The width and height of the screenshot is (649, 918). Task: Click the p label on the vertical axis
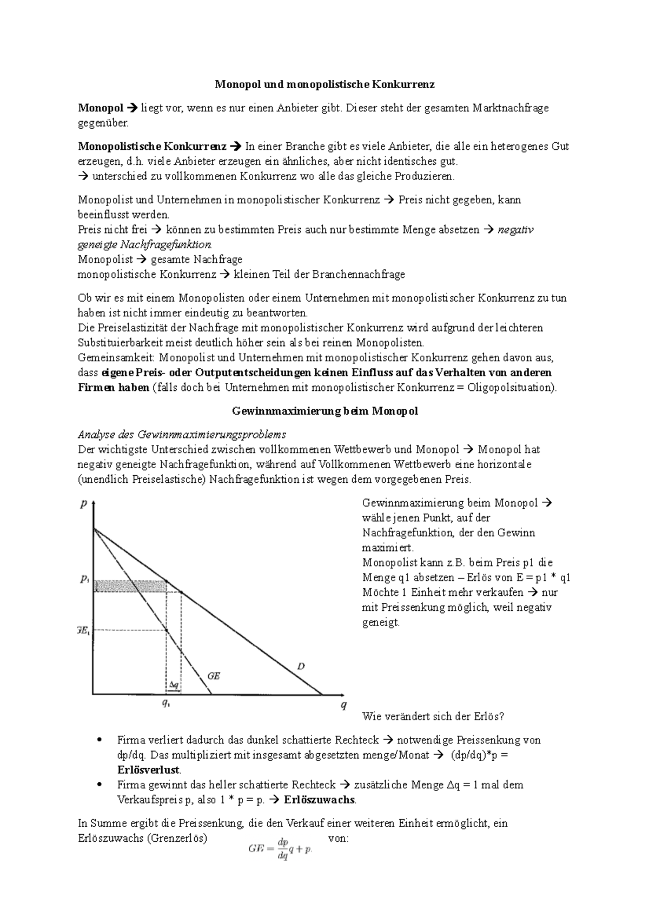tap(84, 504)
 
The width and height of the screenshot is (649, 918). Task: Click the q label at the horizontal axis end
tap(343, 705)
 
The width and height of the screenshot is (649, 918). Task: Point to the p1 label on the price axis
tap(84, 580)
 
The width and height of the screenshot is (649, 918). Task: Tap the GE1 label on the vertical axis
tap(83, 630)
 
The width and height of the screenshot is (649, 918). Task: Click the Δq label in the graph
tap(174, 685)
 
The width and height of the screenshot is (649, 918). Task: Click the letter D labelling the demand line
tap(301, 667)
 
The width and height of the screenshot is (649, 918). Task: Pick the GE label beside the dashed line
tap(214, 676)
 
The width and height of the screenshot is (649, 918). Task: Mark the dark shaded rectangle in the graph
tap(130, 586)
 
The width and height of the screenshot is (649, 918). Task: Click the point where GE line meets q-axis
tap(211, 694)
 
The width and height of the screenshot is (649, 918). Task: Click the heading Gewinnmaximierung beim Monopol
tap(325, 411)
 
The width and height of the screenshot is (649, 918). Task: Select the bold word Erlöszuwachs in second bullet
tap(320, 800)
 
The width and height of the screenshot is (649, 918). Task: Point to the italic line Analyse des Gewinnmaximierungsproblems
tap(182, 435)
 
